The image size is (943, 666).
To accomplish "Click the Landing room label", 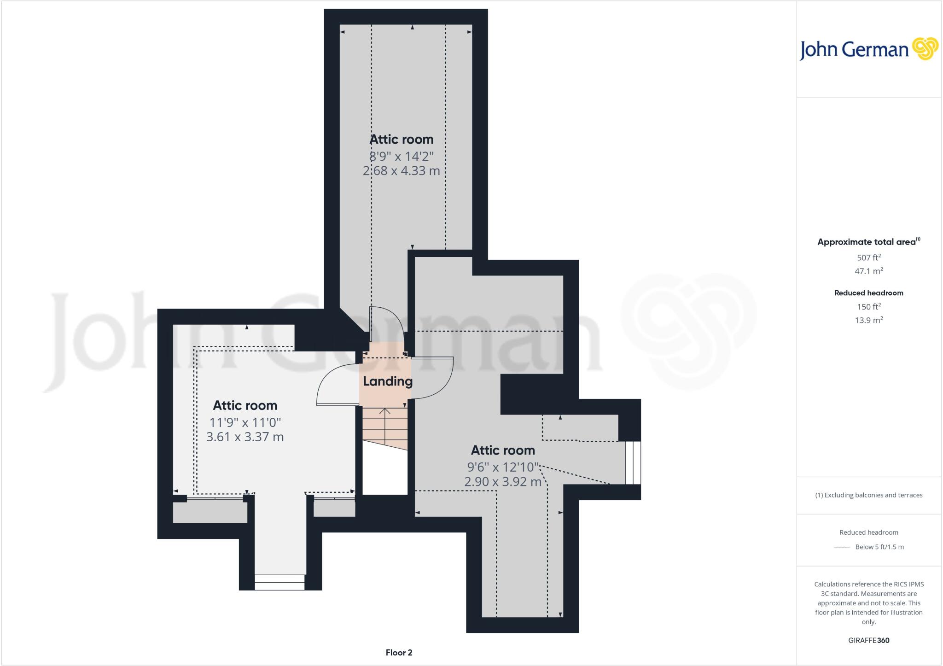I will click(387, 381).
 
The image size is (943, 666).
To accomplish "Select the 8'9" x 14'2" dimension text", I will click(402, 156).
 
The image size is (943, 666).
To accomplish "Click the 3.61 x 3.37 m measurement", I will click(245, 437).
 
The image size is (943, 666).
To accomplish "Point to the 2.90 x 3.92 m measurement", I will click(503, 482).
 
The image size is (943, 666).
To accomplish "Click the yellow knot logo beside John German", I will click(925, 49).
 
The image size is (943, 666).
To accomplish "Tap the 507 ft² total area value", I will click(868, 257).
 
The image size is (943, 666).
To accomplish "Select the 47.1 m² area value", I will click(868, 271).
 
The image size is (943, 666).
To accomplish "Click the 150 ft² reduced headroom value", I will click(868, 307).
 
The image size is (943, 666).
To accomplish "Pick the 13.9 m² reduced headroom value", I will click(868, 320).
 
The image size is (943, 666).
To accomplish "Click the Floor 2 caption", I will click(399, 653).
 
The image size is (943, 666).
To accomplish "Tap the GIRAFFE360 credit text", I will click(868, 640).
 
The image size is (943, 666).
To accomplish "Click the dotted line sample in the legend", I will click(842, 547).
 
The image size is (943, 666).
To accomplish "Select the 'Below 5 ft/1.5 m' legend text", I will click(879, 547).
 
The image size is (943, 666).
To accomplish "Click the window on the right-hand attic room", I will click(633, 463).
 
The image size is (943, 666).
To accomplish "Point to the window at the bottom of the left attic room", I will click(279, 582).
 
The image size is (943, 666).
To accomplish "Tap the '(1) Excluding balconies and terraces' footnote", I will click(868, 495).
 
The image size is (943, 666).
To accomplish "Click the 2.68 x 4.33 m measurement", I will click(402, 171).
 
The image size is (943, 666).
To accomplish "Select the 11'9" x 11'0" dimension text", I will click(245, 422).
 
